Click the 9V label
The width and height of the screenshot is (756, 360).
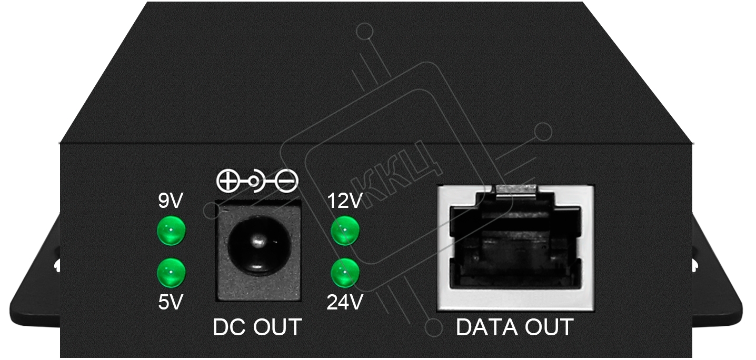tap(171, 201)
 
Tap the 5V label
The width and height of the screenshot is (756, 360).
tap(171, 302)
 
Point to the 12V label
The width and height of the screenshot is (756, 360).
tap(345, 201)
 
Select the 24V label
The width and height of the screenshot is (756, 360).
tap(345, 302)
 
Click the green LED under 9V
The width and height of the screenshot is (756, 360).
tap(171, 231)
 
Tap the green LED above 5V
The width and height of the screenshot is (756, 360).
tap(171, 273)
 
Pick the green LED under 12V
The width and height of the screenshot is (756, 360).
tap(345, 231)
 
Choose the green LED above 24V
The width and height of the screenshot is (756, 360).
tap(345, 273)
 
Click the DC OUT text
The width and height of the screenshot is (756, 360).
tap(257, 327)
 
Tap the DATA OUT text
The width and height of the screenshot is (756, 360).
tap(514, 327)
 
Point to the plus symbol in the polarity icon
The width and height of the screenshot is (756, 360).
tap(228, 181)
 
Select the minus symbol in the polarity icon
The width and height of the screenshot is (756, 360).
tap(286, 181)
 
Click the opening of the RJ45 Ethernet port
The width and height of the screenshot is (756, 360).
tap(515, 247)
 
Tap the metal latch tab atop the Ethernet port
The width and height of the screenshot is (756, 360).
tap(516, 191)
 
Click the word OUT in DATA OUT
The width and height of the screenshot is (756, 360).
tap(550, 327)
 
